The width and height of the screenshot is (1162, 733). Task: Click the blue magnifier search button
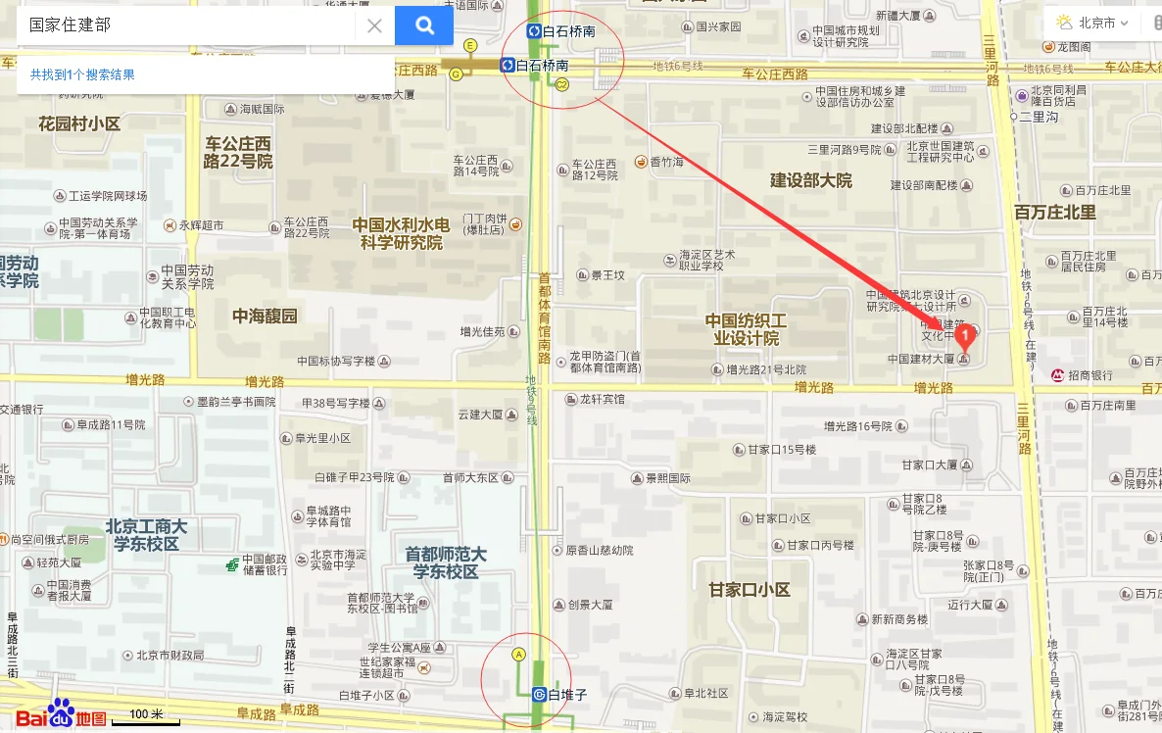click(424, 25)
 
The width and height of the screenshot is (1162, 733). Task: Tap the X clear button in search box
click(374, 26)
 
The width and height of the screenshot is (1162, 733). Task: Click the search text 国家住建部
click(70, 25)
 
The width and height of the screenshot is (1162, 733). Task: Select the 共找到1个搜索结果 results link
click(82, 74)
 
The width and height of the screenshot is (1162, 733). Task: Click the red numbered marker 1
click(965, 338)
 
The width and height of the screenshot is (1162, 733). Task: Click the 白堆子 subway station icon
click(539, 695)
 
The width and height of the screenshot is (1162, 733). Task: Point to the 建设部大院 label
click(811, 180)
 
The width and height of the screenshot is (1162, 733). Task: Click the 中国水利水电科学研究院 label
click(402, 234)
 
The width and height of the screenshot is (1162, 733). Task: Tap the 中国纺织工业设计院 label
click(746, 329)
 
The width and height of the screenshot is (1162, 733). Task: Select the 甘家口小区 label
click(750, 590)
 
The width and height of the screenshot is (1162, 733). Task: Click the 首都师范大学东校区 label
click(446, 562)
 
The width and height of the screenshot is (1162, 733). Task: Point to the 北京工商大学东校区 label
click(146, 535)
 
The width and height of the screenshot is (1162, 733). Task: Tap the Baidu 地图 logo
click(61, 716)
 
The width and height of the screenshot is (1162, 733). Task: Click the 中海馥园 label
click(265, 316)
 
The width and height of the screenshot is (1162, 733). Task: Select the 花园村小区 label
click(79, 123)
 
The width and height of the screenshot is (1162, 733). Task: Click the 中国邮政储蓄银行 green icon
click(231, 564)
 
